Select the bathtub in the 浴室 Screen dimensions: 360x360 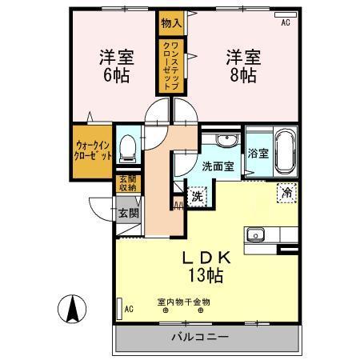tap(285, 151)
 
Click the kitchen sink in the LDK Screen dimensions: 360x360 tap(257, 235)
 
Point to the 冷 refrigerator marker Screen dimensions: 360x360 tap(286, 191)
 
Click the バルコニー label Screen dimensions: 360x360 tap(200, 337)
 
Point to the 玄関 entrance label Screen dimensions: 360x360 tap(128, 214)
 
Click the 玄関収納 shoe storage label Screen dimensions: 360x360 tap(128, 185)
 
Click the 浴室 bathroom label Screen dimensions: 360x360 tap(257, 153)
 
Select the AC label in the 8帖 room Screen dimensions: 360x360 tap(286, 23)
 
